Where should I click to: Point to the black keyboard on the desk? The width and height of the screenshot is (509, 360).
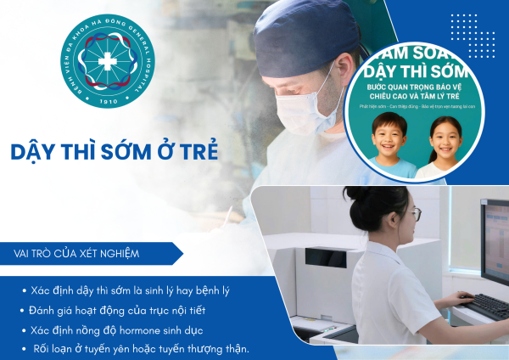pos(484,305)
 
